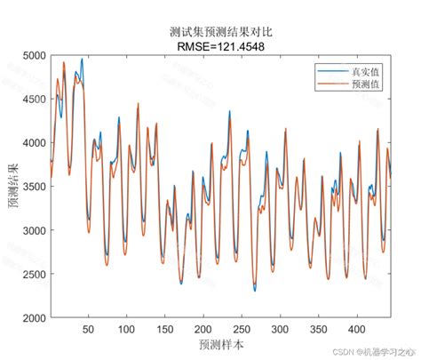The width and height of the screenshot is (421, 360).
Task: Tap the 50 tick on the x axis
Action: tap(88, 329)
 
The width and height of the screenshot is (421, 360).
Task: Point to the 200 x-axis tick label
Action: tap(203, 329)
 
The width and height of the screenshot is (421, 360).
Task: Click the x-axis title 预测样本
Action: tap(221, 343)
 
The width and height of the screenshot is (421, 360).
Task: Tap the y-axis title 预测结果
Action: tap(12, 187)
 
